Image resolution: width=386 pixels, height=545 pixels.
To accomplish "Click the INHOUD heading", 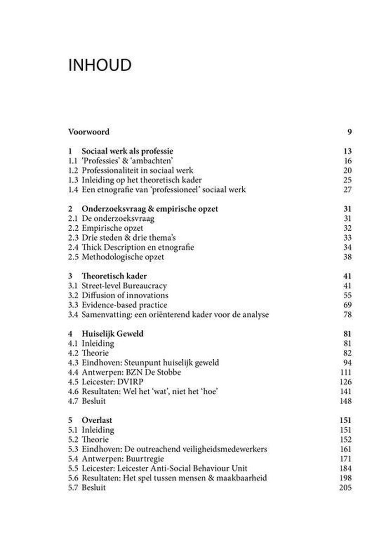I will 100,66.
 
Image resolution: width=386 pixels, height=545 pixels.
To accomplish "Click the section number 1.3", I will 73,180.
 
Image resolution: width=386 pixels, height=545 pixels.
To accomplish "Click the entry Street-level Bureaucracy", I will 124,286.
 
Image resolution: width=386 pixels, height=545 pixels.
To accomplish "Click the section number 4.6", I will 73,391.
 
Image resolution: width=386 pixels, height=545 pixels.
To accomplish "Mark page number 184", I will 346,468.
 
